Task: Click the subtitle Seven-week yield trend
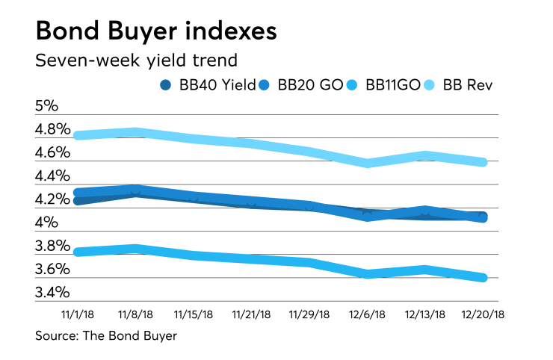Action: [x=140, y=60]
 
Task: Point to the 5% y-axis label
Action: [x=48, y=106]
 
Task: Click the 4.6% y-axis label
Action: [x=54, y=153]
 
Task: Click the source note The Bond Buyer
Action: [x=106, y=336]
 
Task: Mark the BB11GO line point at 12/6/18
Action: [x=366, y=274]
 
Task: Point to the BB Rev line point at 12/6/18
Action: [x=366, y=163]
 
